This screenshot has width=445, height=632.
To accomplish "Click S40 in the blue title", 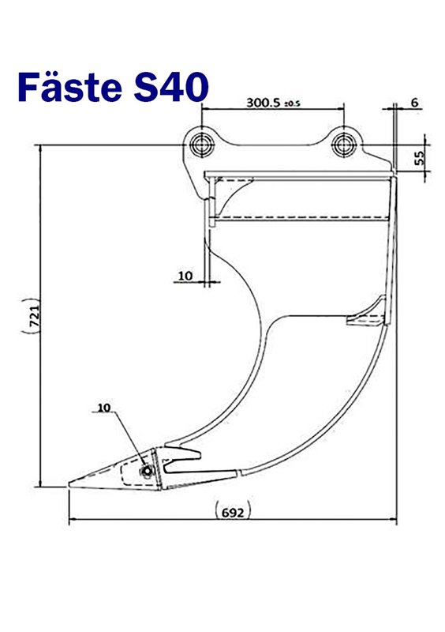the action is tap(171, 87).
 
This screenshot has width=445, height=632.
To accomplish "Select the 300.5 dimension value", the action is tap(263, 103).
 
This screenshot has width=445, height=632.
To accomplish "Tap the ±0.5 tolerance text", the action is tap(293, 104).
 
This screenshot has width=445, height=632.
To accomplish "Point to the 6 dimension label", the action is tap(414, 103).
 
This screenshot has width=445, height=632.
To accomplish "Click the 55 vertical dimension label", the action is tap(419, 157).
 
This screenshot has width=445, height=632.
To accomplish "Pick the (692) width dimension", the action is tap(234, 512).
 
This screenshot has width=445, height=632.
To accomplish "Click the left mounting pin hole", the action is tap(201, 145).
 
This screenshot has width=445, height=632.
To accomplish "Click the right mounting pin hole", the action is tap(343, 145).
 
